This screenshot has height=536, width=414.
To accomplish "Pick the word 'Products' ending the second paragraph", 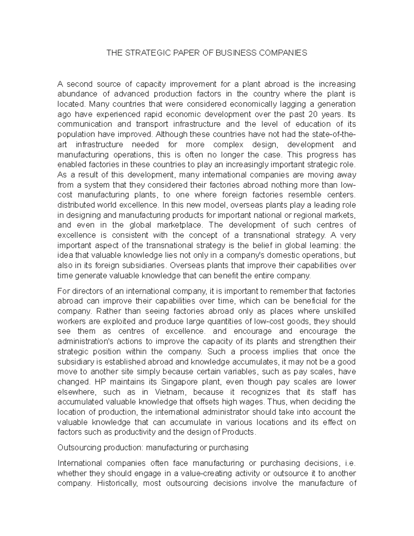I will click(238, 432).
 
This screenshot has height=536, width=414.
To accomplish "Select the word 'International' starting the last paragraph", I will click(80, 463).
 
